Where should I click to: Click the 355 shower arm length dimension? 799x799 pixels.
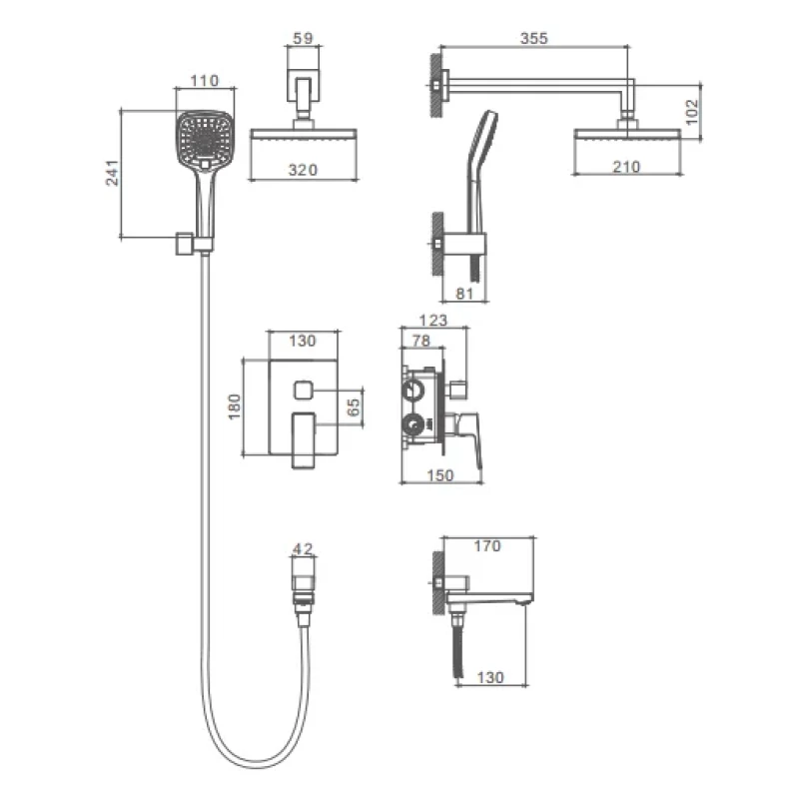point(533,38)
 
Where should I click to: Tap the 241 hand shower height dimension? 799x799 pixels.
point(112,173)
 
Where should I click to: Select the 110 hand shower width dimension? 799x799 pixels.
point(205,81)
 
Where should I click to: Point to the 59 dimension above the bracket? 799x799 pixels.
point(304,38)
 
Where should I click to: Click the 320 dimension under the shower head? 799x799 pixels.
point(303,170)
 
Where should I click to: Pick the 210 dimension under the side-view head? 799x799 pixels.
point(626,167)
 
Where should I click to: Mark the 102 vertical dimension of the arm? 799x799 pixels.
point(691,112)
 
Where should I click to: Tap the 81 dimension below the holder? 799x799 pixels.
point(464,294)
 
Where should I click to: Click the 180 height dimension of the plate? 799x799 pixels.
point(234,406)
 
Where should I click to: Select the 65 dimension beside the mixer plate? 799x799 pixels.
point(353,407)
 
